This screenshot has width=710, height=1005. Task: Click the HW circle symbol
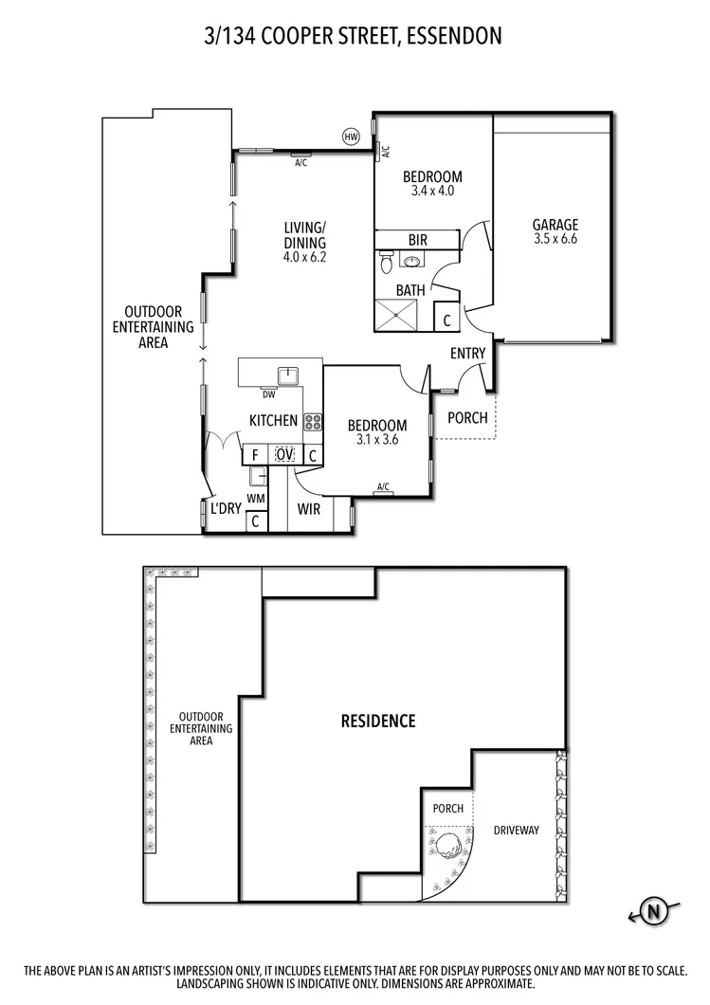tap(352, 137)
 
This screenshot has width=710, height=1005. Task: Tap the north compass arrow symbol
tap(653, 912)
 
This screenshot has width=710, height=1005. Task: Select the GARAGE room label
tap(555, 225)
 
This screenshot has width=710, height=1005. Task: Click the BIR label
tap(417, 240)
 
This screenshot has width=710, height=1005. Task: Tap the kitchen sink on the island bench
tap(288, 373)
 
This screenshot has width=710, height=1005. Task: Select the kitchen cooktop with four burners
tap(313, 424)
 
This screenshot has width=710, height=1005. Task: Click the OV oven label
tap(284, 455)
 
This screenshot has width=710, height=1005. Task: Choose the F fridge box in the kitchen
tap(254, 455)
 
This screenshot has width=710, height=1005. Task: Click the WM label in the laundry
tap(255, 497)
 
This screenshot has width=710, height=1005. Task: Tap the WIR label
tap(308, 509)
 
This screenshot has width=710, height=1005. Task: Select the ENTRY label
tap(468, 354)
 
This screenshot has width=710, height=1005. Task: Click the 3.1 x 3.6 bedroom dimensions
tap(376, 441)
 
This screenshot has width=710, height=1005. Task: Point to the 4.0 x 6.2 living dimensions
tap(304, 256)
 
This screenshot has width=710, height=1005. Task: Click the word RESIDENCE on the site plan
tap(378, 722)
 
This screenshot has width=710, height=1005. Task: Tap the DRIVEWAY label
tap(516, 831)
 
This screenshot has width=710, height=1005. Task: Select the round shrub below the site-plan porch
tap(448, 842)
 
